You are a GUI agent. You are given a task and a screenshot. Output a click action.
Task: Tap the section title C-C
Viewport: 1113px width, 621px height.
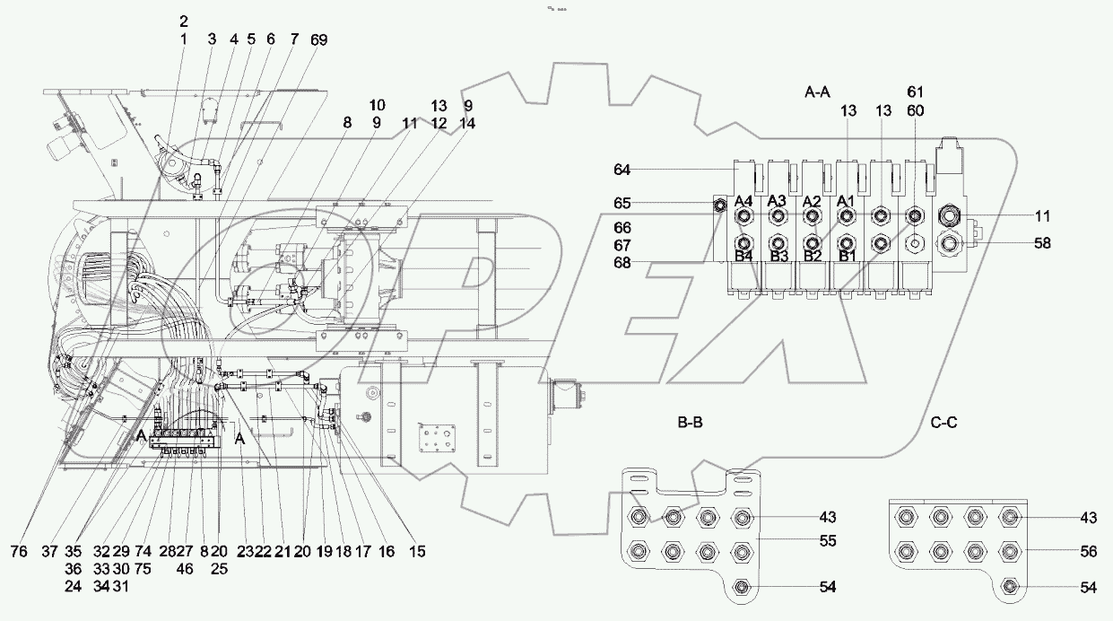[943, 423]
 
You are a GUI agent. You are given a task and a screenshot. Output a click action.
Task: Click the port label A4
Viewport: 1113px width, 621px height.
[743, 200]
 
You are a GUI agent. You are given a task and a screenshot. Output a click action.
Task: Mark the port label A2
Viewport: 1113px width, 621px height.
[811, 200]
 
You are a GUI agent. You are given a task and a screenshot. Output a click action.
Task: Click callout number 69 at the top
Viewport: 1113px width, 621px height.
[319, 40]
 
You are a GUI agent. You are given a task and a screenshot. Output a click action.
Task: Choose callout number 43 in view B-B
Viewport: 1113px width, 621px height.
[827, 517]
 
